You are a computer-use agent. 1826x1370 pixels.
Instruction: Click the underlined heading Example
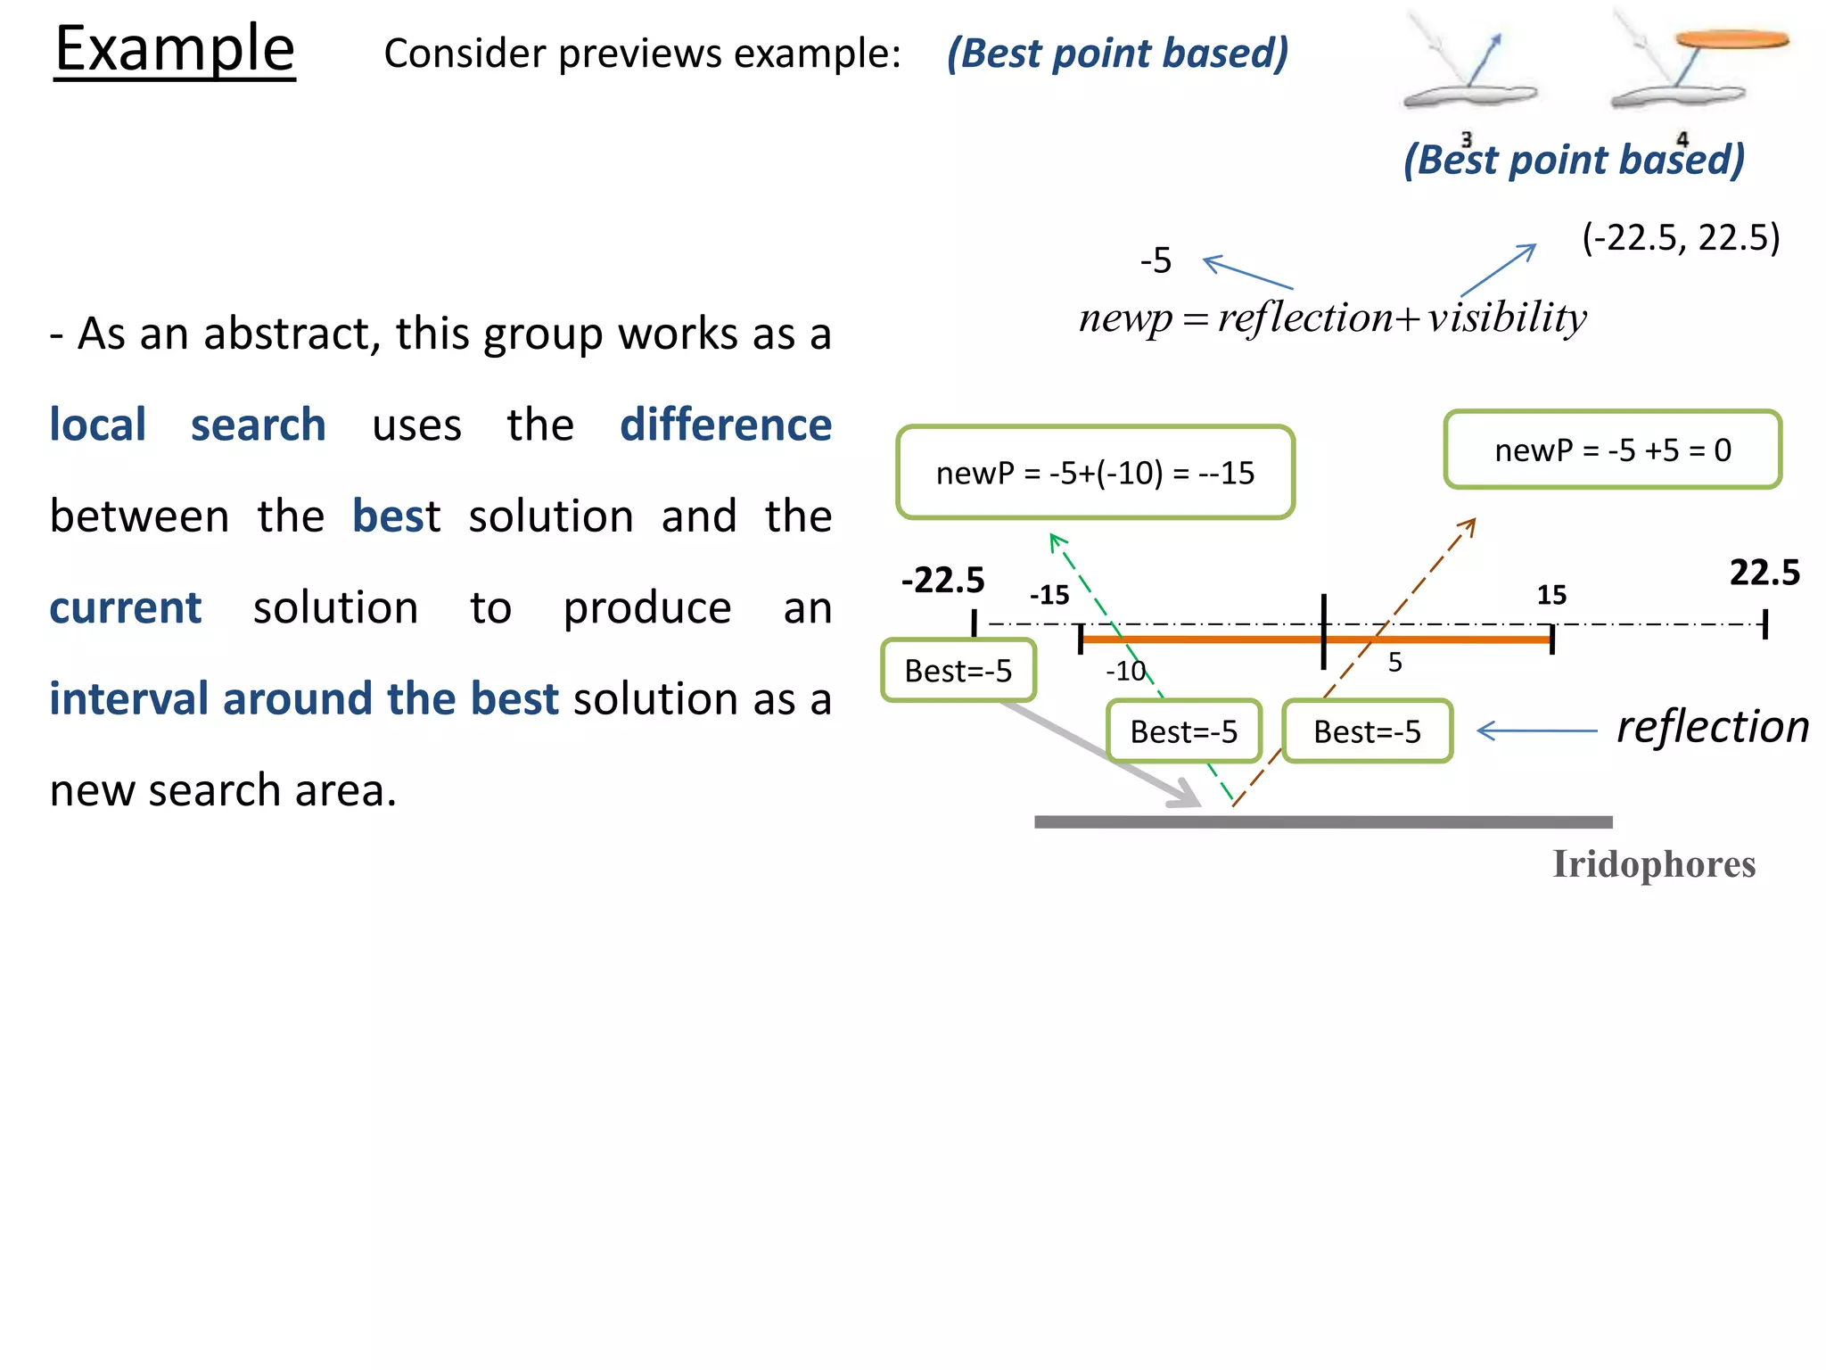click(175, 50)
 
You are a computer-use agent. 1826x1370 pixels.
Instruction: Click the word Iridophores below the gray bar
click(1653, 864)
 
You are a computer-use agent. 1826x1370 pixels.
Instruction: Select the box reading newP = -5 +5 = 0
click(1612, 450)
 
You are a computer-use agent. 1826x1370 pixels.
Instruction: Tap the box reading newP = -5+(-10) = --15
click(1095, 473)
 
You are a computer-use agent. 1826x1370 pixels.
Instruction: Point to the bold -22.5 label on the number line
click(942, 580)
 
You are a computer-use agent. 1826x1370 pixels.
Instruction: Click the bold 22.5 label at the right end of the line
click(1764, 572)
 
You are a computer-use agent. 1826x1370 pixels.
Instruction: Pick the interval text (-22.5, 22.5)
click(1681, 237)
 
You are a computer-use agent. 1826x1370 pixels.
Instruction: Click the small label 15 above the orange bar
click(1551, 595)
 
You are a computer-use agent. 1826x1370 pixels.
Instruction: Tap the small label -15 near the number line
click(1049, 595)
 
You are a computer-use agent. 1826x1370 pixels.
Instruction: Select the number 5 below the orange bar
click(1395, 662)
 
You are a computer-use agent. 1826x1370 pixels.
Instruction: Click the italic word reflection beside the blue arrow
click(1712, 727)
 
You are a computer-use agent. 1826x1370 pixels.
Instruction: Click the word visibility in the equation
click(1506, 318)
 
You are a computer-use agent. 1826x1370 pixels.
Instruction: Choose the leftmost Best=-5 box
click(958, 671)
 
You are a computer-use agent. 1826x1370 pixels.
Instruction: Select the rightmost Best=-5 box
click(1367, 731)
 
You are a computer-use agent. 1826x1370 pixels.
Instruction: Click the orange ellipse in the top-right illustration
click(1731, 39)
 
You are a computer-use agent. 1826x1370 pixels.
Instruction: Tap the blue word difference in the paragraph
click(725, 425)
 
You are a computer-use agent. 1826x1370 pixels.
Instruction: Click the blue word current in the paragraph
click(126, 607)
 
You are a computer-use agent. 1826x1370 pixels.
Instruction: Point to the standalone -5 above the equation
click(1156, 261)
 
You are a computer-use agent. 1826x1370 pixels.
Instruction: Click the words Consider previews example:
click(642, 54)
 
